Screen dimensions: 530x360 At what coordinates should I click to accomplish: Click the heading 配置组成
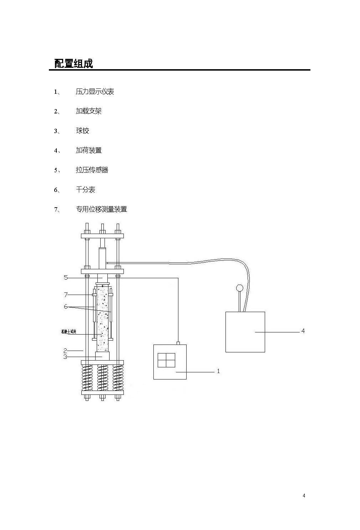coord(73,63)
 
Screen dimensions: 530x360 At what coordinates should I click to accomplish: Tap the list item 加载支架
coord(88,111)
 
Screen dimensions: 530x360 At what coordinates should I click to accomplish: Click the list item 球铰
coord(82,131)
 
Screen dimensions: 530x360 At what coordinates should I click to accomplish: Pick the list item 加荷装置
coord(88,151)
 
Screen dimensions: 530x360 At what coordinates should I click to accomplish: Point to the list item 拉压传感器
coord(92,170)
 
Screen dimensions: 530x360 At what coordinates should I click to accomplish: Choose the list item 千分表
coord(85,190)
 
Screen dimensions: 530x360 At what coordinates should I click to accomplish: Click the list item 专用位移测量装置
coord(101,209)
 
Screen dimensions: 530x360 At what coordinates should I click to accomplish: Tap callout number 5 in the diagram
coord(66,277)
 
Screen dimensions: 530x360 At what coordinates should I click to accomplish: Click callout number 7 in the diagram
coord(66,295)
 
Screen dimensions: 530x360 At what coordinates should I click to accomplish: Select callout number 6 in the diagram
coord(66,307)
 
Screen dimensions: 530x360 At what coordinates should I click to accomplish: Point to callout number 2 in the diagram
coord(65,351)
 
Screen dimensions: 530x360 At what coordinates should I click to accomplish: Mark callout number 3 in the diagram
coord(65,356)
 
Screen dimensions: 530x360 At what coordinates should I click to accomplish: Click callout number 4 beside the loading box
coord(303,331)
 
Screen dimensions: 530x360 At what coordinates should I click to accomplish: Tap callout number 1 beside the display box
coord(218,371)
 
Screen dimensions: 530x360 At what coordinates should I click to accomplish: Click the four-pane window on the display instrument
coord(166,360)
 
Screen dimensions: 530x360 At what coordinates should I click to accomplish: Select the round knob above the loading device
coord(239,287)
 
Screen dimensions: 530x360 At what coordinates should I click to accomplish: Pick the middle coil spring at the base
coord(102,378)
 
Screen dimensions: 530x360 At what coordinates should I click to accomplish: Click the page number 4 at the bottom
coord(304,495)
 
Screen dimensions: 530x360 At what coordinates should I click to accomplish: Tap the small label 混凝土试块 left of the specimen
coord(69,332)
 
